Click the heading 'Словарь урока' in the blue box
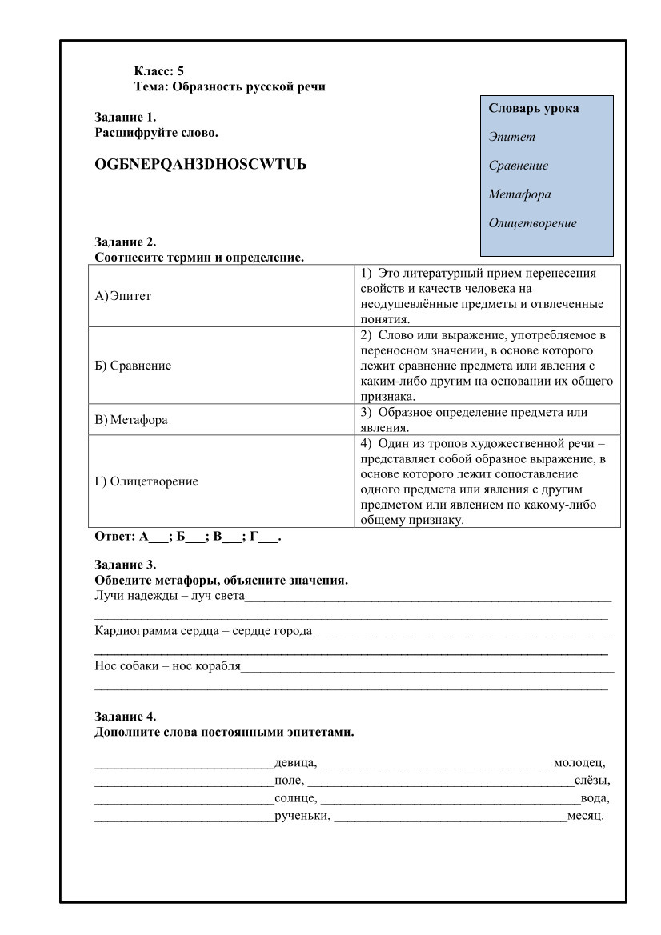(x=534, y=108)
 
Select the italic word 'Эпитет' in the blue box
(x=512, y=137)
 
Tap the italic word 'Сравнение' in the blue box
(x=519, y=166)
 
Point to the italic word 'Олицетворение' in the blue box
(x=533, y=223)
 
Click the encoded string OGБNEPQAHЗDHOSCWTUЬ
(x=201, y=164)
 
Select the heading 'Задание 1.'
(x=126, y=117)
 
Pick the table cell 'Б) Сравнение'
(x=133, y=366)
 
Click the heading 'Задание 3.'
(x=126, y=565)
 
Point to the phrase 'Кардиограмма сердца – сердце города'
(x=203, y=631)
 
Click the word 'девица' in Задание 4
(x=294, y=762)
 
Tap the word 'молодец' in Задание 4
(x=579, y=762)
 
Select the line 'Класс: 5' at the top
(x=159, y=71)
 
